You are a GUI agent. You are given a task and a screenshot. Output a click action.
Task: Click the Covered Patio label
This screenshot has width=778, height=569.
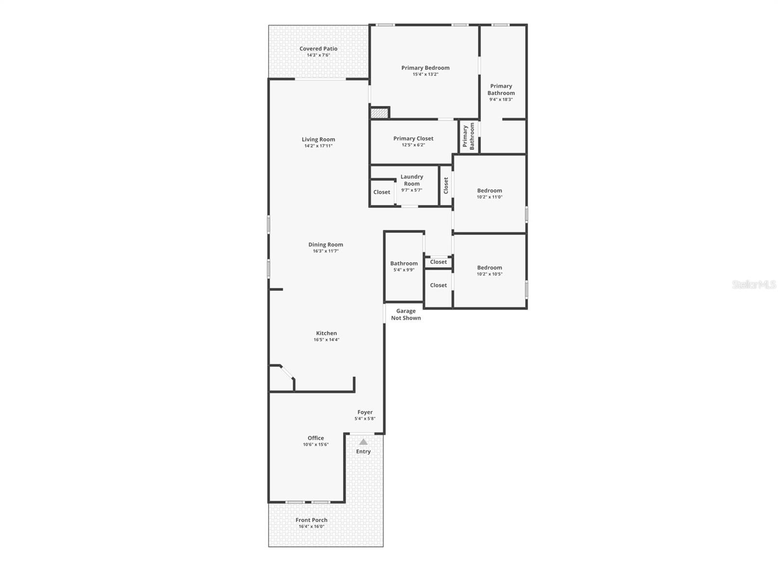coord(318,49)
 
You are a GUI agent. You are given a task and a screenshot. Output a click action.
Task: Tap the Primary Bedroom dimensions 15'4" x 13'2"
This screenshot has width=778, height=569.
coord(425,74)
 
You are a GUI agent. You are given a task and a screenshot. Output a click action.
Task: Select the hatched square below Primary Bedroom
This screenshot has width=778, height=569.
coord(379,113)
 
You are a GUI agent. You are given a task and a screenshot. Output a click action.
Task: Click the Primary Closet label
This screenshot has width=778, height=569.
coord(413,138)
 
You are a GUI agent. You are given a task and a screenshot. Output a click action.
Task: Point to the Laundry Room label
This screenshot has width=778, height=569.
coord(412,180)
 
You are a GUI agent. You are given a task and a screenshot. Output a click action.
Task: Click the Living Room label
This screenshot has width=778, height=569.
coord(318,139)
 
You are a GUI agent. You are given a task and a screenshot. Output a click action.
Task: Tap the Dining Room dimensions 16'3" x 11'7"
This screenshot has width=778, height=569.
coord(325,251)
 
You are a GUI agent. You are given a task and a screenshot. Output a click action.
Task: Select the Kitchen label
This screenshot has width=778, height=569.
coord(326,333)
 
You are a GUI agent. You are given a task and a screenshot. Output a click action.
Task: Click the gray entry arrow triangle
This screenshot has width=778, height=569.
coord(363,442)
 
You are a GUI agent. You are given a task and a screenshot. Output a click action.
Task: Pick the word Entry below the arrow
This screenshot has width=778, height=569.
coord(363,451)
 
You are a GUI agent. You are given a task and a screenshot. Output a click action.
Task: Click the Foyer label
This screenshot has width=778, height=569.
coord(365,412)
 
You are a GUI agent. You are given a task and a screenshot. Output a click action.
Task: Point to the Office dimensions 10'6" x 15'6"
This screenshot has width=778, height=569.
coord(316,445)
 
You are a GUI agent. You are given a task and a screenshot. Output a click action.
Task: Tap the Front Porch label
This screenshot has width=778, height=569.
coord(311,520)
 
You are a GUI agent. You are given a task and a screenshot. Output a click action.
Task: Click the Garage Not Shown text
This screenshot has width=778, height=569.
coord(406,314)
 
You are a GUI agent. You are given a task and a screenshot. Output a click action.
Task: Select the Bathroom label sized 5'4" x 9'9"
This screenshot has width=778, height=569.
coord(404,263)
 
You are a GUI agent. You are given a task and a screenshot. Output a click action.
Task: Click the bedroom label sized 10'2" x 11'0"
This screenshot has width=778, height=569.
coord(489,190)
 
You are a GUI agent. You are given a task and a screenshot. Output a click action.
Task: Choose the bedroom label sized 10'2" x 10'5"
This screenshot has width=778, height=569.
coord(489,268)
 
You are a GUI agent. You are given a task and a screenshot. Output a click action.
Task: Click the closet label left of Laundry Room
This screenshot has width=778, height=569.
coord(382,192)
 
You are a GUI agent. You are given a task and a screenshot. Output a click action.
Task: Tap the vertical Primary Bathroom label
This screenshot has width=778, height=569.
coord(468,136)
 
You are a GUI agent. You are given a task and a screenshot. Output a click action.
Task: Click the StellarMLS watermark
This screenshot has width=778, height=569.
coord(754,285)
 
